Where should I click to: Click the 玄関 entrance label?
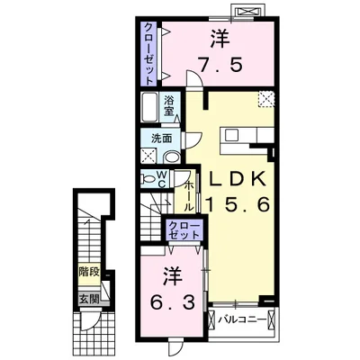pos(87,299)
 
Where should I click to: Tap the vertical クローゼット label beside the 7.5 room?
pos(148,51)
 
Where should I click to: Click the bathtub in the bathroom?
pos(150,108)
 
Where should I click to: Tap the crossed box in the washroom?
pos(148,155)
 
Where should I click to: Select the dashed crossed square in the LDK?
pos(265,100)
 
